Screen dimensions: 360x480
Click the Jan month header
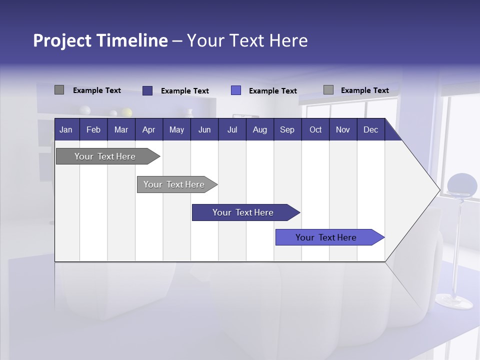click(66, 130)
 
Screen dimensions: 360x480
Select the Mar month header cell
click(121, 130)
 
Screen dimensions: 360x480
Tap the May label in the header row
click(176, 130)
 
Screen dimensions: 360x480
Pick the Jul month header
click(232, 130)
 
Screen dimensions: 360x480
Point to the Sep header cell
click(287, 130)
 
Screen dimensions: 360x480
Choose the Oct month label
click(315, 130)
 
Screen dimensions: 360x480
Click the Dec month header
click(370, 130)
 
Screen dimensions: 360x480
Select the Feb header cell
click(93, 130)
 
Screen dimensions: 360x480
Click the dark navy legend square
click(147, 90)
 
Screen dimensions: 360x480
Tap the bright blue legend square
click(236, 90)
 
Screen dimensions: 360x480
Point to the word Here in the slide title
click(288, 40)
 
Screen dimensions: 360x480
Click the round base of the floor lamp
click(454, 301)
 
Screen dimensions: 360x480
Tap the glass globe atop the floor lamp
click(462, 185)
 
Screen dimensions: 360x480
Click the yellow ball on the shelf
click(127, 112)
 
